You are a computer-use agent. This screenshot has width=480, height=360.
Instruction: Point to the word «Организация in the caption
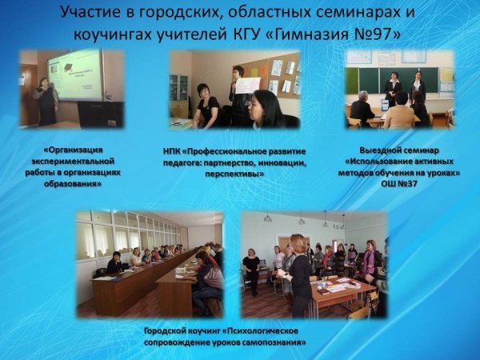(73, 150)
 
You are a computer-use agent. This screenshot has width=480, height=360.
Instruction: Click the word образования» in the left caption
(73, 184)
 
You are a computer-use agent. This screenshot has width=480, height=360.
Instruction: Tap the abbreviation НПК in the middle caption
(171, 151)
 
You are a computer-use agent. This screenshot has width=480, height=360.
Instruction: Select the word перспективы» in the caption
(234, 174)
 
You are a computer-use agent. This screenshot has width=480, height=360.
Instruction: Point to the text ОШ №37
(399, 184)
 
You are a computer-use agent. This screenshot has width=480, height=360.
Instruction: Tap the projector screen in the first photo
(74, 76)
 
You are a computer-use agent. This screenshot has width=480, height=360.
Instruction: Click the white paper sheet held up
(248, 86)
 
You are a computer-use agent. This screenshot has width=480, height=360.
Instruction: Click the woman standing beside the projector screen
(46, 101)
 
